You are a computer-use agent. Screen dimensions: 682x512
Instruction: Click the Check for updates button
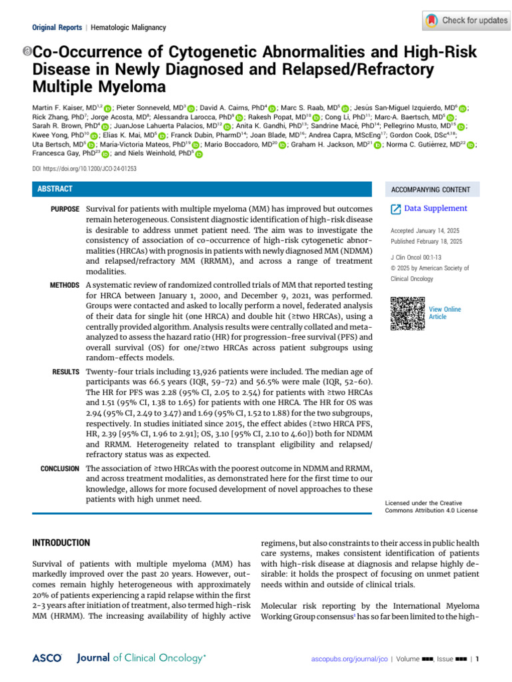coord(466,21)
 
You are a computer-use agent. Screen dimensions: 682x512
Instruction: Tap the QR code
coord(407,313)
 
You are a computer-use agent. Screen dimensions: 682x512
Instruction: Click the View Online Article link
coord(445,313)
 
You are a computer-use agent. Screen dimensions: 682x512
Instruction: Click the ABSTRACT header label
coord(55,189)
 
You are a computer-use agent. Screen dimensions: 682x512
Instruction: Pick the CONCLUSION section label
coord(60,469)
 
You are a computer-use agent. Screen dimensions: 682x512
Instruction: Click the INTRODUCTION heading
coord(61,543)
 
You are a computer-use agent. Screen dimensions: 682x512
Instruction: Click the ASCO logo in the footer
coord(47,658)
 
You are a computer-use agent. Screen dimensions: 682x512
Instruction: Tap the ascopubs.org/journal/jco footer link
coord(349,659)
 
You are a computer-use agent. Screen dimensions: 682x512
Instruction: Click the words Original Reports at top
coord(56,27)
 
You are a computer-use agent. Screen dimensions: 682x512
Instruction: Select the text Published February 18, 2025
coord(427,241)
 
